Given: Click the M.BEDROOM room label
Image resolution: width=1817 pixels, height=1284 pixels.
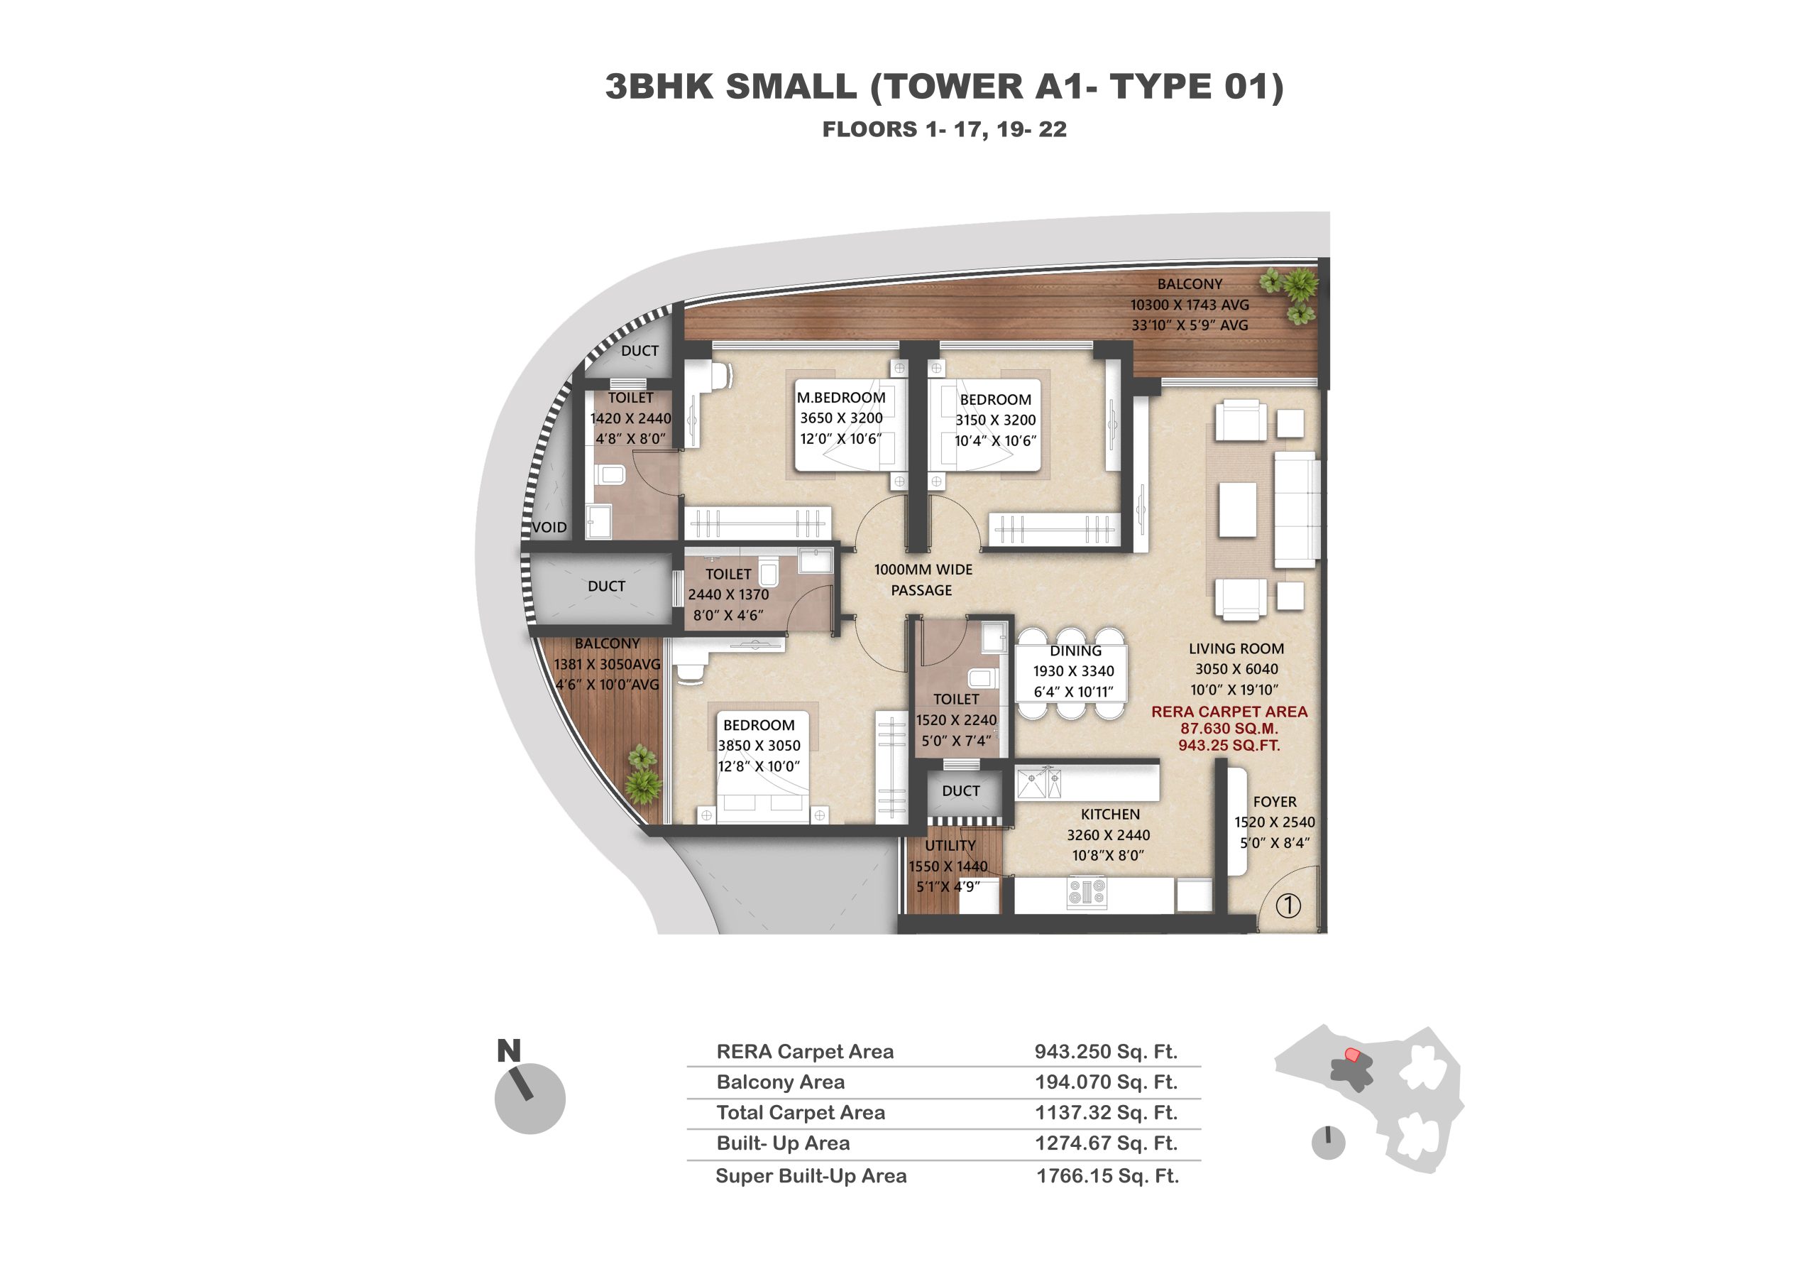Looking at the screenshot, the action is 840,398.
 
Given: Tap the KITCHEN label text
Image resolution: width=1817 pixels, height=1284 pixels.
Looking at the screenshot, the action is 1110,814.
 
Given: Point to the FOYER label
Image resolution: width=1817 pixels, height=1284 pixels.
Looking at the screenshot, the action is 1274,801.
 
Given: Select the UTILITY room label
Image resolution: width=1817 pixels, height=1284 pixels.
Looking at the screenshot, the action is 950,845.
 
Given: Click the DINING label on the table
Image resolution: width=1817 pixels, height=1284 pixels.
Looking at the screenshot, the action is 1075,651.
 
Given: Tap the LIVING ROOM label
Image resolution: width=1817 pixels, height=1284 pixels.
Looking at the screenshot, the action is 1236,648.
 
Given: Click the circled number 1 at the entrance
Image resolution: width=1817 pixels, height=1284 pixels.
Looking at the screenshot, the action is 1288,905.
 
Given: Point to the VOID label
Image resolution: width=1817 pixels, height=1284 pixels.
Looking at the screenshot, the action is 549,527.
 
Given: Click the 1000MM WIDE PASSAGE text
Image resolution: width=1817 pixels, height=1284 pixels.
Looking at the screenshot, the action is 923,580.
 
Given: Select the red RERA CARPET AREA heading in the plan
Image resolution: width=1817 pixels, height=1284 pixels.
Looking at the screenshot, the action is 1229,712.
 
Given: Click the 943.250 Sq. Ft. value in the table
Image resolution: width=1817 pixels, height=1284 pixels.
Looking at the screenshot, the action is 1106,1051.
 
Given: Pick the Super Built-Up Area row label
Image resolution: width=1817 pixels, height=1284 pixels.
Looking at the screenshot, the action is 811,1175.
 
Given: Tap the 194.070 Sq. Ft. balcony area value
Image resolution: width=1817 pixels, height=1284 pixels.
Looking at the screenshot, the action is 1106,1082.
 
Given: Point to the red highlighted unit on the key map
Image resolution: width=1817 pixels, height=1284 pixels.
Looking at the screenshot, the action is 1353,1055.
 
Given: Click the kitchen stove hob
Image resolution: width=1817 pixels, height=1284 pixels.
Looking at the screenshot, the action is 1087,892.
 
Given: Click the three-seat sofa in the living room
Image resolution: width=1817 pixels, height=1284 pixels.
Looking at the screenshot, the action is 1295,510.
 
